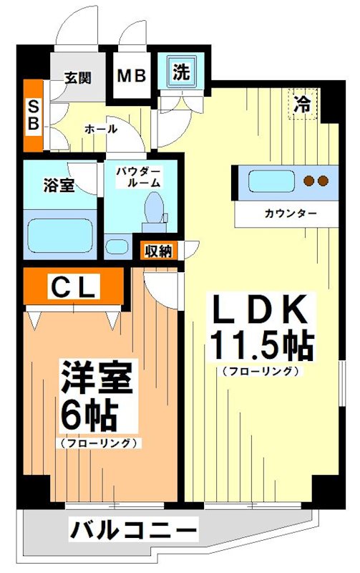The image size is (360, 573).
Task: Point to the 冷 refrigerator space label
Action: point(303,103)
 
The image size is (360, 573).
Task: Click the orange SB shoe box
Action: point(33,115)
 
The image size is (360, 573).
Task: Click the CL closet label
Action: point(72,287)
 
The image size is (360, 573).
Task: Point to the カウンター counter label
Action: point(290,213)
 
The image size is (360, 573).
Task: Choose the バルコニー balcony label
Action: point(133,531)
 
